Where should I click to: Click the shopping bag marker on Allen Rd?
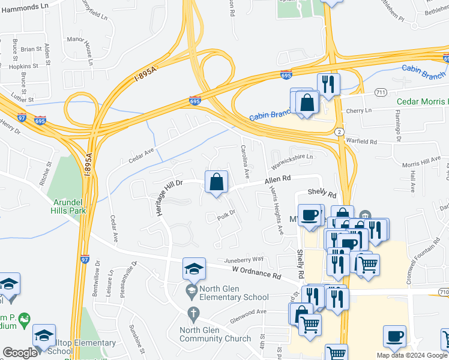point(217,182)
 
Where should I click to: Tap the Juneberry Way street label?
point(244,259)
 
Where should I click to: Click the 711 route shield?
point(380,92)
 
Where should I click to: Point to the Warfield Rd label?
point(361,141)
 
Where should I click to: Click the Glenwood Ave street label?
point(249,313)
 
